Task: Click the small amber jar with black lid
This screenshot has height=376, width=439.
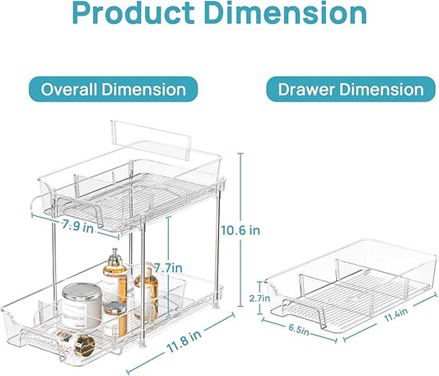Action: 115,317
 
